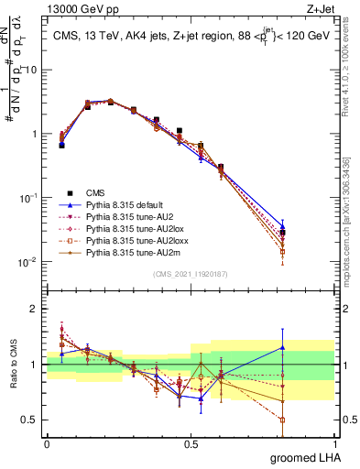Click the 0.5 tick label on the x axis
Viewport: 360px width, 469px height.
(191, 442)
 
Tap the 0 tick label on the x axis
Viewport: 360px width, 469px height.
(47, 442)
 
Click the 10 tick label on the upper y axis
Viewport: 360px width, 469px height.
(31, 70)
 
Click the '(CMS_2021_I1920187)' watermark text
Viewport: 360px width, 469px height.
(191, 275)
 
